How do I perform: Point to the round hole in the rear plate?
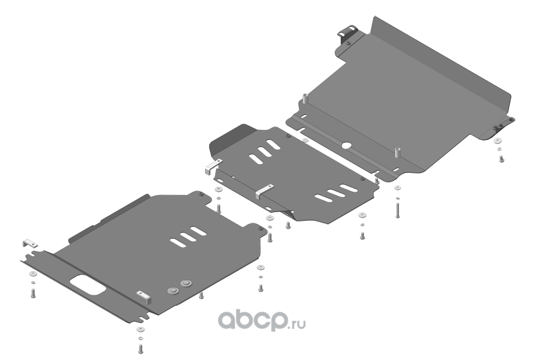[346, 144]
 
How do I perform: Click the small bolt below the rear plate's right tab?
[501, 159]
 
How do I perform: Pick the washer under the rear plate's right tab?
[497, 141]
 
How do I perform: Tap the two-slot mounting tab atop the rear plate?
[350, 34]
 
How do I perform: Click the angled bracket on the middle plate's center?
[265, 189]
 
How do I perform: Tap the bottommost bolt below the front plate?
[140, 349]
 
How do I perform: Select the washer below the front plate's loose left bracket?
[32, 275]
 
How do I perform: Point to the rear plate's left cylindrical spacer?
[304, 100]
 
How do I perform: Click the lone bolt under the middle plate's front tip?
[288, 225]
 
